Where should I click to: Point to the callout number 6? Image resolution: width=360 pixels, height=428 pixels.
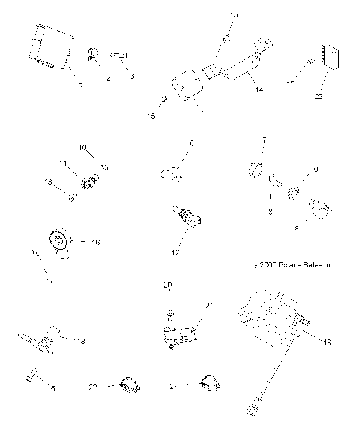[x=191, y=142]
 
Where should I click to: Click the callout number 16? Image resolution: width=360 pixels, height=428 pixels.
[x=95, y=243]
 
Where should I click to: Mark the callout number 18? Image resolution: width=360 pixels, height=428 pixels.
[x=81, y=340]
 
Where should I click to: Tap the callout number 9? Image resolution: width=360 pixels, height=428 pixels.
[x=316, y=170]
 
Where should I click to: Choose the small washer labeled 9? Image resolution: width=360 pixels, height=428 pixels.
[x=294, y=194]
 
